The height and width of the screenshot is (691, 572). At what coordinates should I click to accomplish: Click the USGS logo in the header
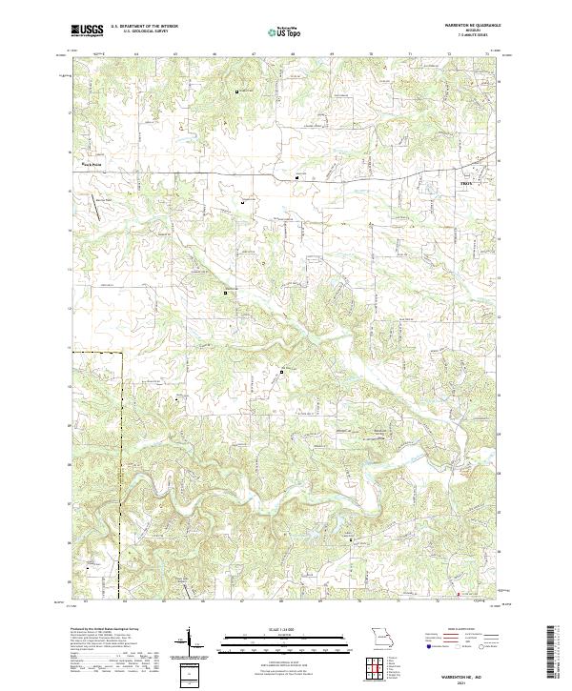tap(87, 30)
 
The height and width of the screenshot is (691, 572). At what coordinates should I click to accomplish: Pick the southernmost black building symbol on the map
tap(350, 539)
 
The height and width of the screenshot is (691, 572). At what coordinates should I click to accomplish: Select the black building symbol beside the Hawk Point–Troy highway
tap(296, 177)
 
